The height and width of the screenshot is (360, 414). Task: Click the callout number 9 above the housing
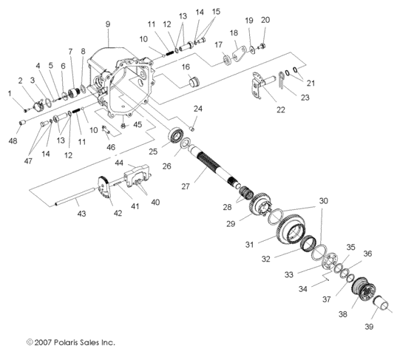[x=108, y=24]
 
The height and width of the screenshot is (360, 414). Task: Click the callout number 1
[x=10, y=93]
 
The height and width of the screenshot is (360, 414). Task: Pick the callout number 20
[x=265, y=20]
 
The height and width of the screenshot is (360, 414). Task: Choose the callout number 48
[x=14, y=141]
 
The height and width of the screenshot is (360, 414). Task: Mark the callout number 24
[x=198, y=109]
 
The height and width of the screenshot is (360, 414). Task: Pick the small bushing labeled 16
[x=196, y=81]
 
